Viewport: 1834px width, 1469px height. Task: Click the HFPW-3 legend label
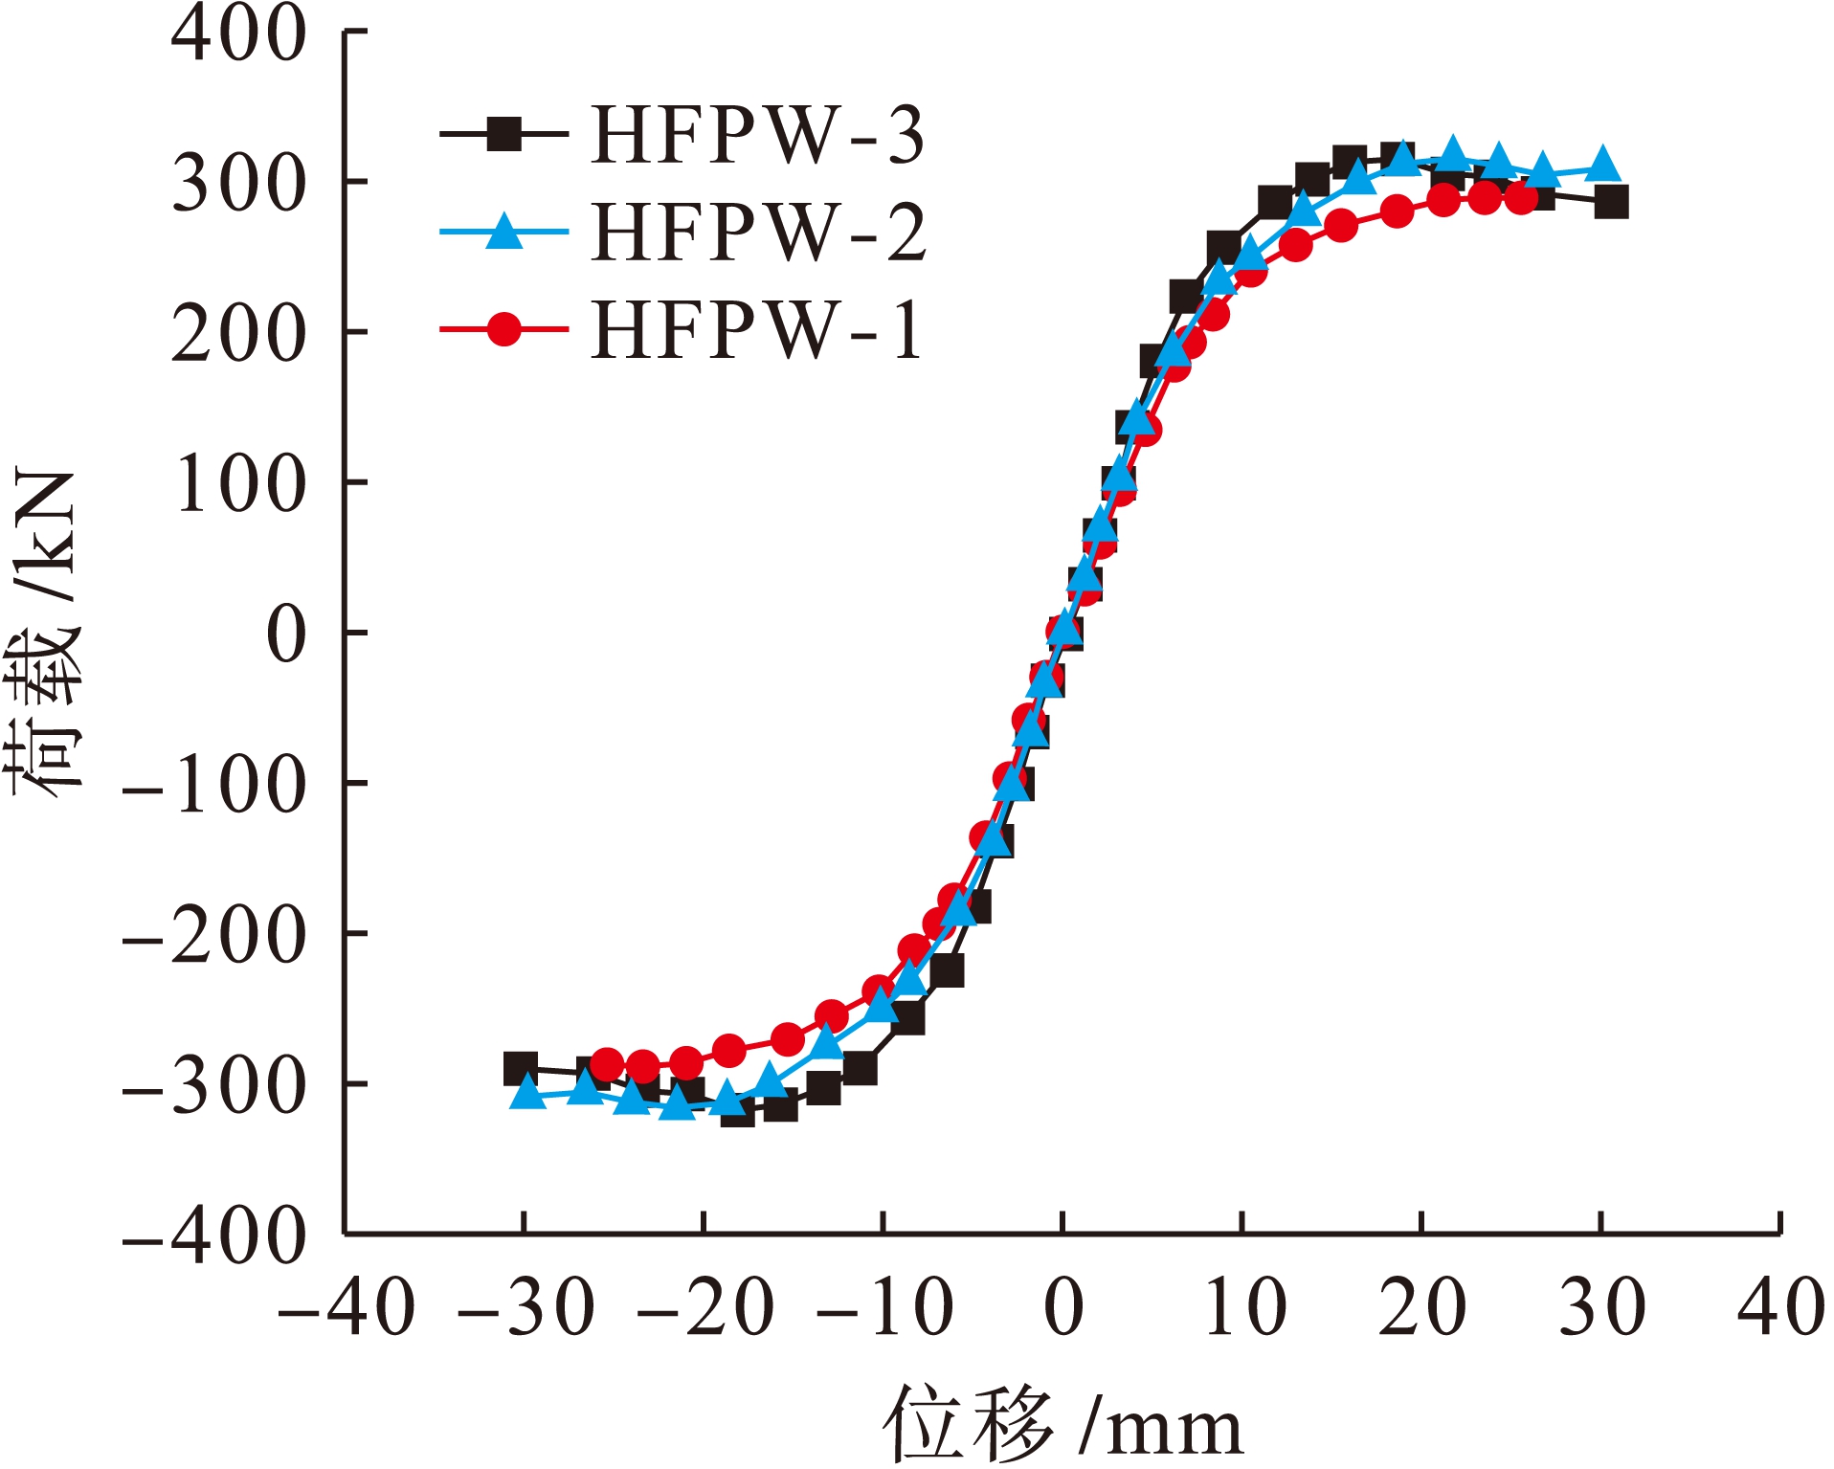[757, 135]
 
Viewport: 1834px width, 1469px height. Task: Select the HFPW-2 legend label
[759, 233]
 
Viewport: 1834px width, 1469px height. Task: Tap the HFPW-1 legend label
[757, 330]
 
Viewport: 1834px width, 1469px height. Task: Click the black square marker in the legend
[503, 134]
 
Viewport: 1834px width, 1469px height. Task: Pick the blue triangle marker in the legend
[503, 231]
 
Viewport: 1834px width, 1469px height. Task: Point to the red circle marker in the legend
[503, 329]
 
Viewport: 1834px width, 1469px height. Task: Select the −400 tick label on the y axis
[214, 1236]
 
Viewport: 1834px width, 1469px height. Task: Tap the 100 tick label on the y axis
[238, 483]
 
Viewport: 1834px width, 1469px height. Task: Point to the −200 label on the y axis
[214, 935]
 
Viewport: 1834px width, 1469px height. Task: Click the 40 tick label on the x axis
[1780, 1307]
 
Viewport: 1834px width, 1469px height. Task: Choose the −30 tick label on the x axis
[526, 1307]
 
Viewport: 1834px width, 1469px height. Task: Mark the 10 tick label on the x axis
[1243, 1307]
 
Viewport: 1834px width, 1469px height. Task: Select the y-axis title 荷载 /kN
[43, 633]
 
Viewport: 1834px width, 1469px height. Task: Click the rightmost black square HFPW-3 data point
[1612, 202]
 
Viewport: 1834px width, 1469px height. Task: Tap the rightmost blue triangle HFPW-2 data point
[1602, 166]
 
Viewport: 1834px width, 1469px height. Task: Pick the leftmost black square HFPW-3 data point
[520, 1068]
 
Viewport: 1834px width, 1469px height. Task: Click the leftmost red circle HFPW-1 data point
[607, 1063]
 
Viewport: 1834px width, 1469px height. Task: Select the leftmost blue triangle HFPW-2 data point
[527, 1092]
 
